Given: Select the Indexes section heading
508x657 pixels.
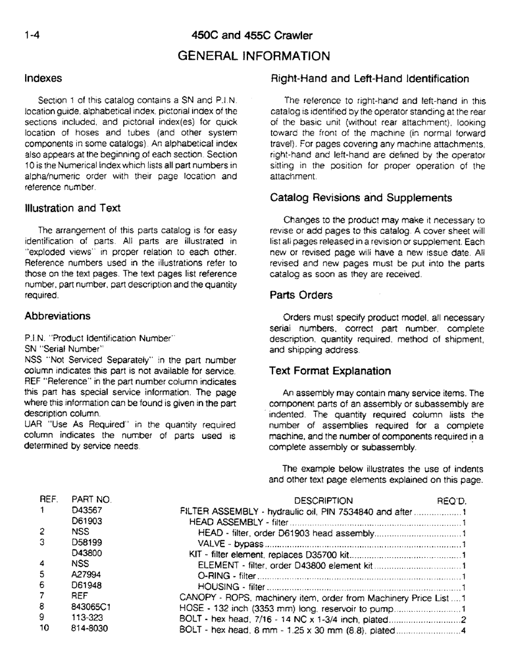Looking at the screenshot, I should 43,78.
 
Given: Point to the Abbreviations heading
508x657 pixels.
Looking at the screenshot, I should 57,315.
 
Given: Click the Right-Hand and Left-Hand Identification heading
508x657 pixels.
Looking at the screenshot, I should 370,79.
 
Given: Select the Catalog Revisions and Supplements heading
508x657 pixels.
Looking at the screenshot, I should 361,198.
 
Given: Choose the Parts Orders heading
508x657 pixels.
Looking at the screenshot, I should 301,295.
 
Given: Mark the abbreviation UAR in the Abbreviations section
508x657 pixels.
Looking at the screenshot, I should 34,425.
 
